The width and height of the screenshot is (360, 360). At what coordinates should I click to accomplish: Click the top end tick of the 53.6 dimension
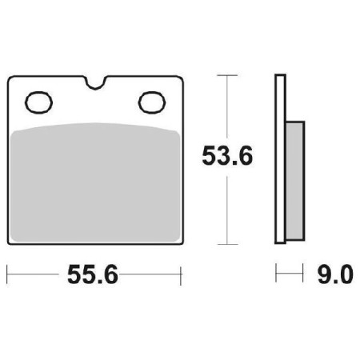(x=228, y=76)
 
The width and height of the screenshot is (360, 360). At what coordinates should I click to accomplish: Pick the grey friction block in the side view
(x=294, y=180)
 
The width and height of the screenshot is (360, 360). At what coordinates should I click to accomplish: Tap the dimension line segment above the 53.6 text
(x=228, y=108)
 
